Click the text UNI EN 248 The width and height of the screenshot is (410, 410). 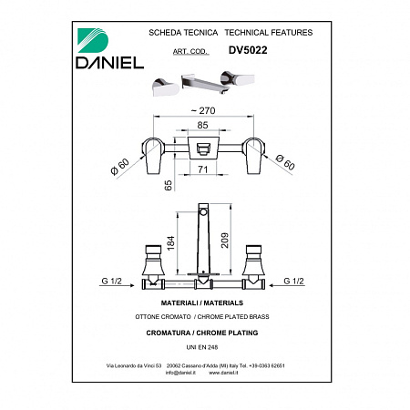pyautogui.click(x=204, y=346)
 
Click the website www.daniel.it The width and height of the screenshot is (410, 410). pyautogui.click(x=227, y=373)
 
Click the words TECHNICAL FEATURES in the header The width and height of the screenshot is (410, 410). pyautogui.click(x=268, y=32)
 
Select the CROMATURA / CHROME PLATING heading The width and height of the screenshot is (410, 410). pyautogui.click(x=204, y=333)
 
